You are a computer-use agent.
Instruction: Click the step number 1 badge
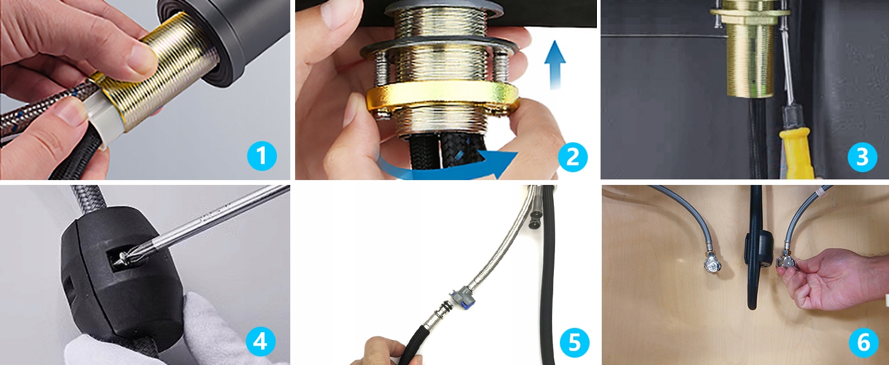[262, 156]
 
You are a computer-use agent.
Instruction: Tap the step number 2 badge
[573, 157]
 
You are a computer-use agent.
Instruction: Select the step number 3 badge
[862, 157]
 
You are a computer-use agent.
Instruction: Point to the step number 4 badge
[261, 341]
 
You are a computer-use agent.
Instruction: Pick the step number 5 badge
[574, 342]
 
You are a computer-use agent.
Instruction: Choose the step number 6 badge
[864, 342]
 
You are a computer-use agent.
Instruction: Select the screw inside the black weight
[124, 258]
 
